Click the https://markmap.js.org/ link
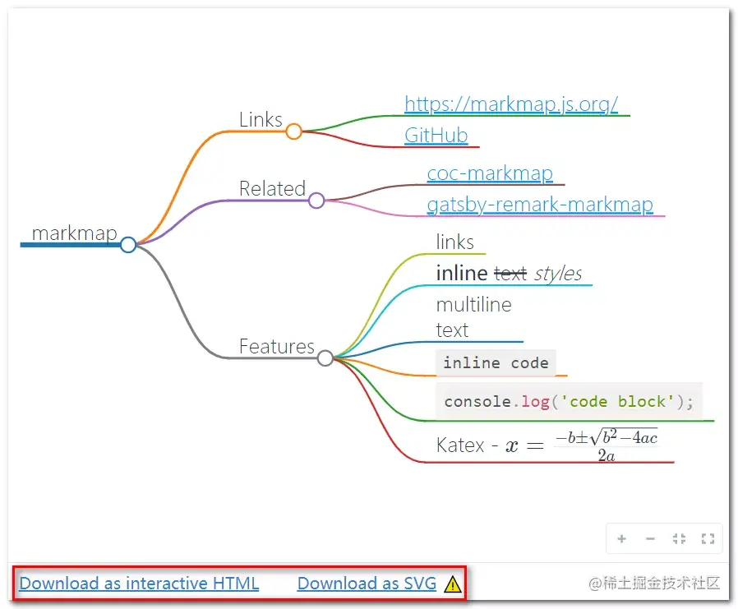pyautogui.click(x=510, y=104)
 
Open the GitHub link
pyautogui.click(x=436, y=136)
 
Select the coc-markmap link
pyautogui.click(x=490, y=173)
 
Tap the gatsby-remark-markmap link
pyautogui.click(x=540, y=205)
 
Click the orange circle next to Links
pyautogui.click(x=293, y=131)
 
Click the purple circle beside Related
pyautogui.click(x=316, y=201)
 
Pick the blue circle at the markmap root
pyautogui.click(x=128, y=245)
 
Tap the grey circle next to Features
pyautogui.click(x=325, y=358)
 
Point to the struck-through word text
pyautogui.click(x=510, y=274)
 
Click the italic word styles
pyautogui.click(x=558, y=274)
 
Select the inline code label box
pyautogui.click(x=496, y=363)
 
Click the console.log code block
pyautogui.click(x=569, y=401)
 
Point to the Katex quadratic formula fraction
pyautogui.click(x=607, y=445)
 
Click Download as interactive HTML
pyautogui.click(x=139, y=584)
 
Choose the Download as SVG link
pyautogui.click(x=367, y=584)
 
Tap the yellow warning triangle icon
pyautogui.click(x=452, y=584)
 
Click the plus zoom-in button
pyautogui.click(x=622, y=538)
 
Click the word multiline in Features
pyautogui.click(x=473, y=305)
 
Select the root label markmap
pyautogui.click(x=74, y=233)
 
